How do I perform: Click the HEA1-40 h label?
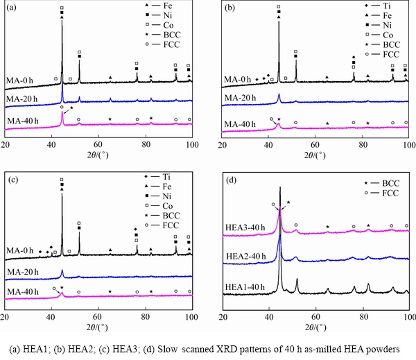point(244,286)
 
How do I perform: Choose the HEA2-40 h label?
point(244,257)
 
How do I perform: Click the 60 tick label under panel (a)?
point(98,144)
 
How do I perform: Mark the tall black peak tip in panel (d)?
point(280,187)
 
